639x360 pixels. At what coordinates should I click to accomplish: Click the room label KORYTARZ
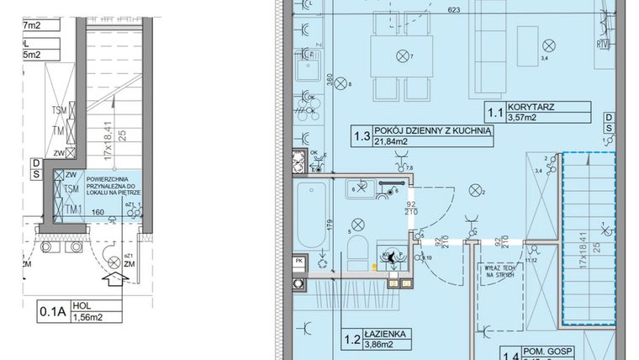556,108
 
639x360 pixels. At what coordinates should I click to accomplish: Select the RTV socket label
602,45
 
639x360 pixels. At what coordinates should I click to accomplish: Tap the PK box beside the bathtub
300,262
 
